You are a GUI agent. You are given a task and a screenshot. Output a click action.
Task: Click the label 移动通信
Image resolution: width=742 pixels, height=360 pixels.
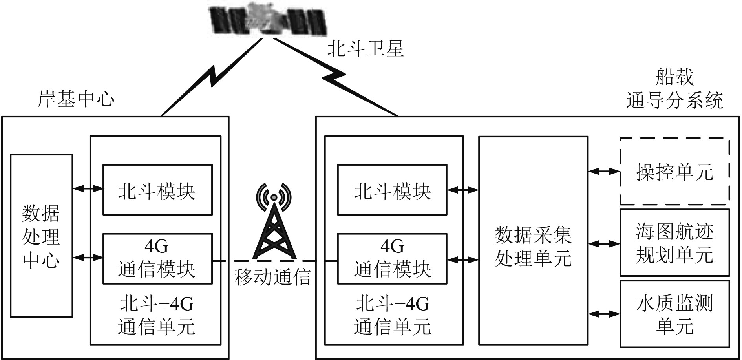pyautogui.click(x=272, y=277)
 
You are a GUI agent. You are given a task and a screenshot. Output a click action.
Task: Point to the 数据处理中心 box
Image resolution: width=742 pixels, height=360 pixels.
pyautogui.click(x=41, y=236)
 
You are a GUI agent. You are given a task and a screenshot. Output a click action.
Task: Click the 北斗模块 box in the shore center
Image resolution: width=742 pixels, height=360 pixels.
pyautogui.click(x=157, y=190)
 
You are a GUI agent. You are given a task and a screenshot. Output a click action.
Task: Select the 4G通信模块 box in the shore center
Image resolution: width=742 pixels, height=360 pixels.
pyautogui.click(x=157, y=258)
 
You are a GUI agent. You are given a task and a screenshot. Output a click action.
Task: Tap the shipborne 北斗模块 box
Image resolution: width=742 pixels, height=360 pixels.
pyautogui.click(x=392, y=190)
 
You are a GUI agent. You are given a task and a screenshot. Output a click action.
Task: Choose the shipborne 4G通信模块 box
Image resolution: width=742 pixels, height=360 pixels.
pyautogui.click(x=392, y=258)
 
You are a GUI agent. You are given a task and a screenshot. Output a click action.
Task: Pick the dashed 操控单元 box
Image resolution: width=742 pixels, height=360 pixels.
pyautogui.click(x=674, y=171)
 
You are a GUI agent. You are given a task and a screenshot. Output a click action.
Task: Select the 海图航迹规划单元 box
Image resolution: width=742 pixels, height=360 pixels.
pyautogui.click(x=674, y=243)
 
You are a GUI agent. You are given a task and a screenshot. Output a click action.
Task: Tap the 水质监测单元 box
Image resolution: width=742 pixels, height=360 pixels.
pyautogui.click(x=674, y=314)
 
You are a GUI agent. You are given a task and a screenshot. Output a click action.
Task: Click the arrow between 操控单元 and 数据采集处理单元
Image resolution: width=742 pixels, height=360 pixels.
pyautogui.click(x=604, y=171)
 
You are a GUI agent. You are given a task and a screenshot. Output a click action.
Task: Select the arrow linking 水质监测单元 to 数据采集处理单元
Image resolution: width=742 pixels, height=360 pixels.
pyautogui.click(x=604, y=314)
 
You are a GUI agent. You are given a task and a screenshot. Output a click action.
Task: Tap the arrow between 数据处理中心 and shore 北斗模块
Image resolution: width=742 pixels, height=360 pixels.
pyautogui.click(x=88, y=189)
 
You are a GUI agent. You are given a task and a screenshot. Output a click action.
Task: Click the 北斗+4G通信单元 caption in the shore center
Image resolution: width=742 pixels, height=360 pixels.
pyautogui.click(x=157, y=315)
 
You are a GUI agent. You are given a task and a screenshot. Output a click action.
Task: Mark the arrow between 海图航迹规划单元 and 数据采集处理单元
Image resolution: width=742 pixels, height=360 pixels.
pyautogui.click(x=604, y=244)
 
